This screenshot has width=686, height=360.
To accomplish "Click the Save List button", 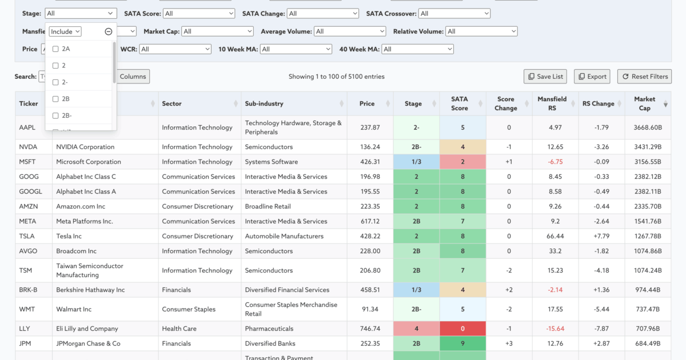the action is [546, 77].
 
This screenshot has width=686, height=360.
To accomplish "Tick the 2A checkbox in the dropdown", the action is [55, 49].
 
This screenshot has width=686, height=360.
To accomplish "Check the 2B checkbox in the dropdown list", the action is [55, 99].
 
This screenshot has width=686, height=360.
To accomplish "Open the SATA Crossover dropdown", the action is [454, 13].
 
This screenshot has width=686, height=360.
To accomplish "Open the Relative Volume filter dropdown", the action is [481, 31].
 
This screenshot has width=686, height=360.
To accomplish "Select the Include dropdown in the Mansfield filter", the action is [65, 31].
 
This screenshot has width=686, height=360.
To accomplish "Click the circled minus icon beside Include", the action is [109, 32].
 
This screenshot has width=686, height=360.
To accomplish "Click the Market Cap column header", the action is [644, 103].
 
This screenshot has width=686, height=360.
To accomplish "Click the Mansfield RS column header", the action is [552, 103].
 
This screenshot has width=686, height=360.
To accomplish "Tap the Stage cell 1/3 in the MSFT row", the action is [416, 162].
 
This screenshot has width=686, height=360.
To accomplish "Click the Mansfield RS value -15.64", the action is [555, 329].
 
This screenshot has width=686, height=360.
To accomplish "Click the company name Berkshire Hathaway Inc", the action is [90, 290].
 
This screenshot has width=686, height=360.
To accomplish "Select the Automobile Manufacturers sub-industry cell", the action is [284, 236].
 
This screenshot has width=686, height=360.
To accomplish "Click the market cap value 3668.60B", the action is [648, 127].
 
